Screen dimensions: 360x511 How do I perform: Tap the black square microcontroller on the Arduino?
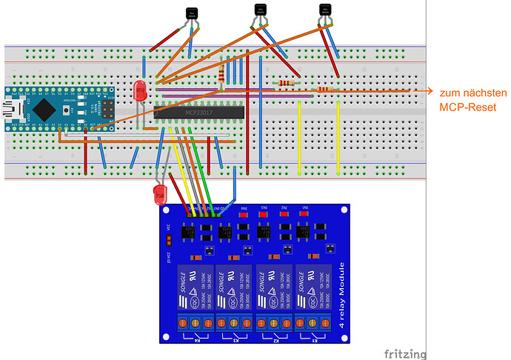[x=46, y=110]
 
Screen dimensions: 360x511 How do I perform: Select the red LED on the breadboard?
[x=138, y=91]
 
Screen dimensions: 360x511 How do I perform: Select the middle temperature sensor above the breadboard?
[x=260, y=10]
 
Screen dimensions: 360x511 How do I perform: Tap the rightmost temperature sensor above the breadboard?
[x=324, y=10]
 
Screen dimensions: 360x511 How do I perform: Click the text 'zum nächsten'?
[x=472, y=93]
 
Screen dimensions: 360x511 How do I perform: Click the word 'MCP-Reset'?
[x=467, y=107]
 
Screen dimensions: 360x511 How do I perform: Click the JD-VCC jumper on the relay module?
[x=169, y=239]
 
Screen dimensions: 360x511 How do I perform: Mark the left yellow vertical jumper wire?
[x=298, y=137]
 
